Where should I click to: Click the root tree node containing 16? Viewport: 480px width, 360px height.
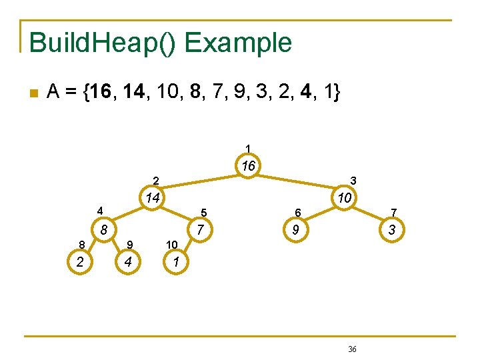point(248,166)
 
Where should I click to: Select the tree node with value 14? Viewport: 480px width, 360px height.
point(153,198)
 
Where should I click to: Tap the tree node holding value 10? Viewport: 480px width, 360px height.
point(345,198)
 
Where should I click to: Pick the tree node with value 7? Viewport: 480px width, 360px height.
point(198,231)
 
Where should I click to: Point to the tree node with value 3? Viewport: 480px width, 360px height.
point(392,231)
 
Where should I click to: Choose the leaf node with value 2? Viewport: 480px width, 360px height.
point(80,262)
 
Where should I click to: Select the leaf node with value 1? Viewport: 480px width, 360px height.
point(175,262)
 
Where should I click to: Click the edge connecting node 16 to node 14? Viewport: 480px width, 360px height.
point(200,182)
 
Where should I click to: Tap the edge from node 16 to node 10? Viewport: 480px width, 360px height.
point(297,182)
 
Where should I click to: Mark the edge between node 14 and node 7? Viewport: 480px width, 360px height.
point(176,215)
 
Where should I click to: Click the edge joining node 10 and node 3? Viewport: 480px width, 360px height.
point(369,215)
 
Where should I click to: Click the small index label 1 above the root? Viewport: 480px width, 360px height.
point(248,148)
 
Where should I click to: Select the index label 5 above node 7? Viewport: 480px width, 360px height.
point(203,213)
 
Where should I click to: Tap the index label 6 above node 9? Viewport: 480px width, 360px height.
point(299,213)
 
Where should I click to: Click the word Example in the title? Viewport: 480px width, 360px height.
point(238,43)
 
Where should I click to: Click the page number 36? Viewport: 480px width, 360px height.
point(353,349)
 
